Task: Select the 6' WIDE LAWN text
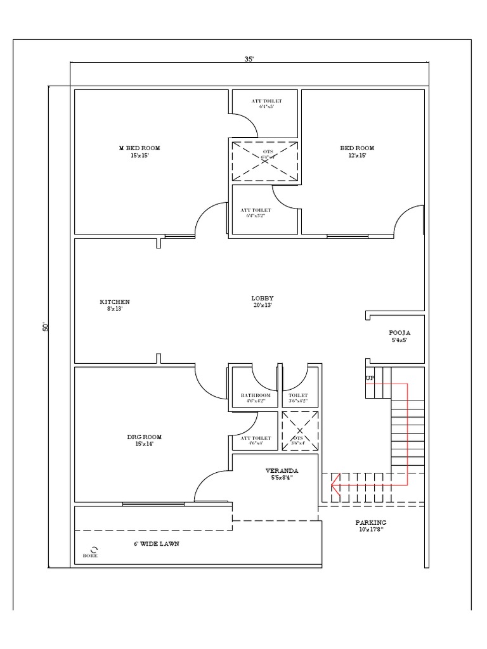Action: coord(156,544)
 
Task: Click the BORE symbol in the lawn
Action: coord(94,549)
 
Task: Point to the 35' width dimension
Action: coord(249,59)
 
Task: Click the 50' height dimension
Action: coord(45,327)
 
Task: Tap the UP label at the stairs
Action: coord(370,378)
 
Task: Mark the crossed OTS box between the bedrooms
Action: coord(264,161)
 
